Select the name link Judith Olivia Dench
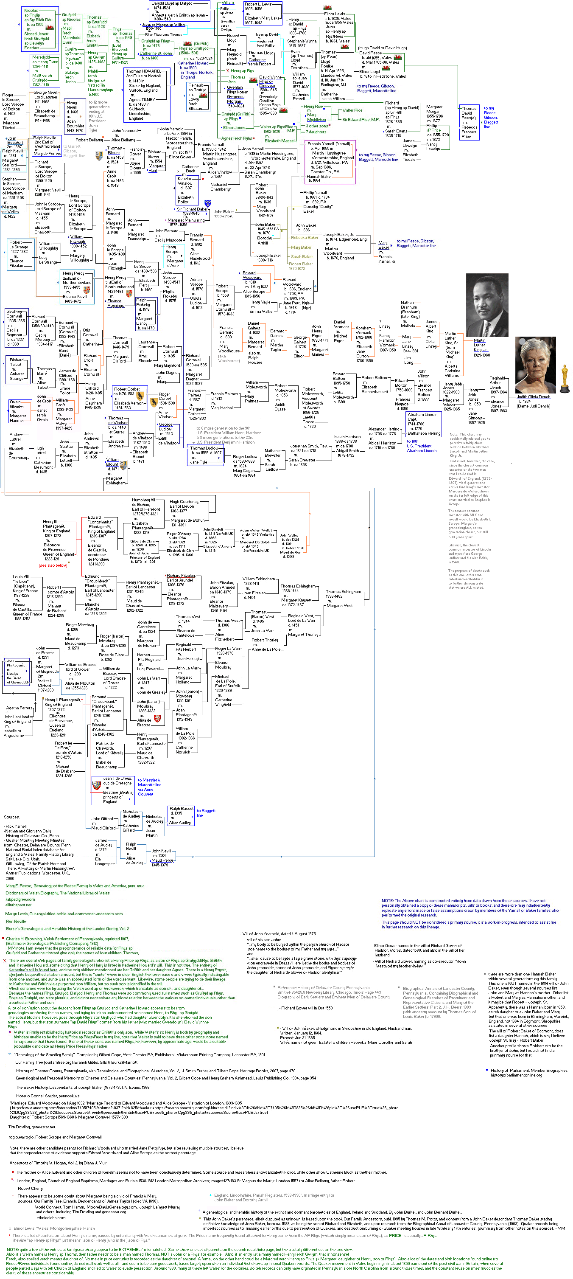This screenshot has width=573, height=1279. (x=533, y=397)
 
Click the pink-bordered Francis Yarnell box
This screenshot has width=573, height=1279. (x=330, y=162)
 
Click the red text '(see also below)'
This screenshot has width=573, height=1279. (x=53, y=565)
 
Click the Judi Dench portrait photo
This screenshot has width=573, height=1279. (x=535, y=365)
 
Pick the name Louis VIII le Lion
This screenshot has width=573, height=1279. (x=21, y=579)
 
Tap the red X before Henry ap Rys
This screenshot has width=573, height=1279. (x=227, y=70)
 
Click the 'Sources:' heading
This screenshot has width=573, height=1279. (x=12, y=817)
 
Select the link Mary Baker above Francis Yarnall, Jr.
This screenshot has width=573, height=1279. (x=383, y=245)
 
